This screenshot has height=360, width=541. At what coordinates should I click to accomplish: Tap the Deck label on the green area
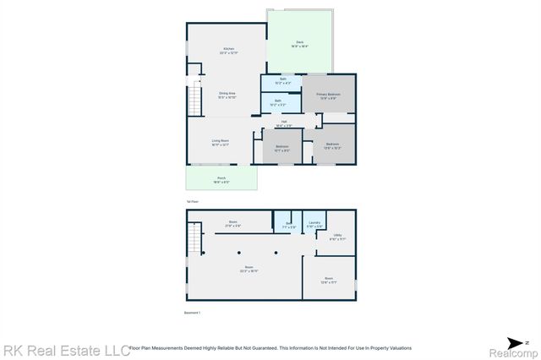point(299,43)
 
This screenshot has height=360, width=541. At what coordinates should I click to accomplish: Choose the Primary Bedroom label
point(328,95)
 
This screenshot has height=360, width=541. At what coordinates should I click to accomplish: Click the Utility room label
point(337,237)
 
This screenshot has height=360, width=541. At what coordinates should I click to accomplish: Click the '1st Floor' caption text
point(192,201)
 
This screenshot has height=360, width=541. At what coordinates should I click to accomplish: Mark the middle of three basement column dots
point(240,253)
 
